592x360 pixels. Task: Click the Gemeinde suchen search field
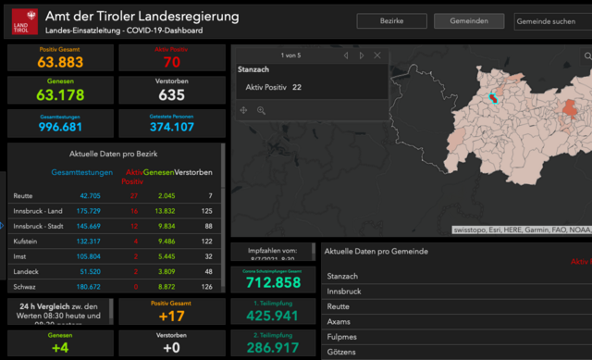[x=551, y=21]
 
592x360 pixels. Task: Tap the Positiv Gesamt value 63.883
[x=60, y=63]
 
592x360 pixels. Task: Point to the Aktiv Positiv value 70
[x=171, y=63]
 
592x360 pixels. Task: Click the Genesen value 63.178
[x=60, y=94]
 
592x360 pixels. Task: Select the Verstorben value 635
[x=171, y=94]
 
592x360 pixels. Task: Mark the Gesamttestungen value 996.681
[x=60, y=127]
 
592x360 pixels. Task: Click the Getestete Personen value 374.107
[x=171, y=127]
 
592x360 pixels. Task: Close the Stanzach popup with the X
[x=377, y=56]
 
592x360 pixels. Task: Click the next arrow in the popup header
[x=362, y=56]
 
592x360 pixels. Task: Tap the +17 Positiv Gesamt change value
[x=171, y=315]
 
